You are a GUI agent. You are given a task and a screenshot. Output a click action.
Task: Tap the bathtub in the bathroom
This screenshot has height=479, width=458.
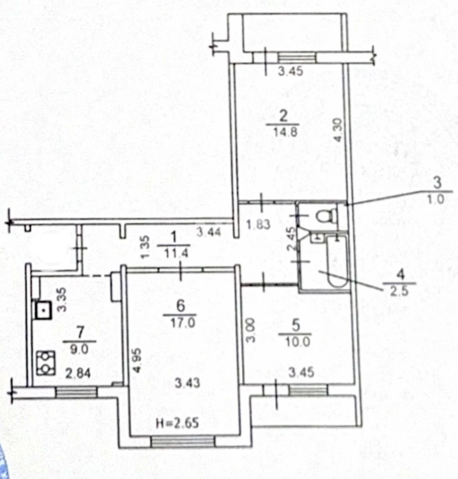(337, 262)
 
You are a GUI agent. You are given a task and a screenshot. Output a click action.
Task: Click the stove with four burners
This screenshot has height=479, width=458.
(46, 363)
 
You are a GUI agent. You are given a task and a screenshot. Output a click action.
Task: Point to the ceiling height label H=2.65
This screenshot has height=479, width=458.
(177, 424)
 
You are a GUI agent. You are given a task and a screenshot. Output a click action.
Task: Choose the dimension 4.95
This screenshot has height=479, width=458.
(137, 360)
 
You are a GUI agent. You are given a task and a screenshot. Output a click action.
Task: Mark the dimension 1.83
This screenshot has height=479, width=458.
(258, 224)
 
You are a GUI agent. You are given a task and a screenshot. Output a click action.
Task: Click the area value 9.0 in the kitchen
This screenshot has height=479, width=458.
(79, 349)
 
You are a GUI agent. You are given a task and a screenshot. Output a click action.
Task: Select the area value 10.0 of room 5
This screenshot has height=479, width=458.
(297, 342)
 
